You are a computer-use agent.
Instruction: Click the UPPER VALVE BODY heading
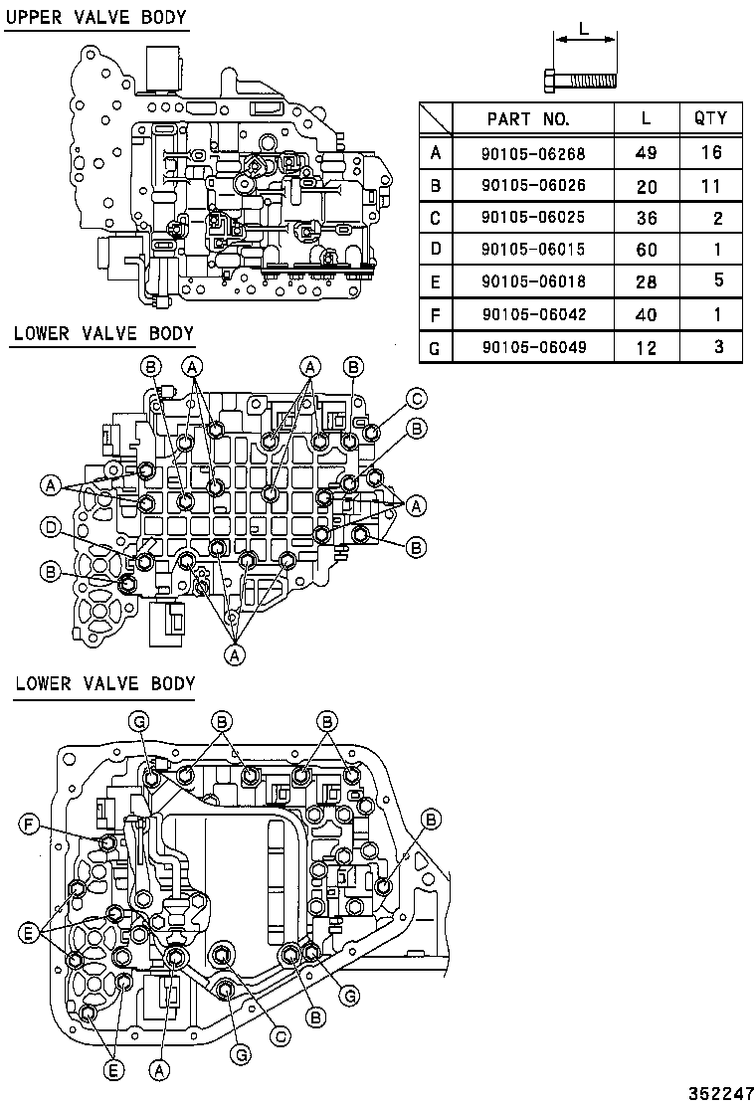tap(96, 18)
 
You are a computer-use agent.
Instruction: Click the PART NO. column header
tap(528, 119)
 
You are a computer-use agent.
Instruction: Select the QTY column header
tap(710, 119)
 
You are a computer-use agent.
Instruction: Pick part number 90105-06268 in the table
tap(533, 153)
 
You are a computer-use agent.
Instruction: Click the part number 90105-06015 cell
tap(533, 251)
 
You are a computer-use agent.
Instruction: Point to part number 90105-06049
tap(533, 347)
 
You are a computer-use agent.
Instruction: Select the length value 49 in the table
tap(646, 153)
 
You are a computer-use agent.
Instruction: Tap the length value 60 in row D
tap(646, 251)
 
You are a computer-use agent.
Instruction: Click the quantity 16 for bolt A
tap(710, 153)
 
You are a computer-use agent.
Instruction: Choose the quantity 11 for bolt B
tap(710, 186)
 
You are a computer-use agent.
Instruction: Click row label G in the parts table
tap(435, 347)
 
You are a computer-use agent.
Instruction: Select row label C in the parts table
tap(435, 218)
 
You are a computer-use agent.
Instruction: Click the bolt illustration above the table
tap(581, 78)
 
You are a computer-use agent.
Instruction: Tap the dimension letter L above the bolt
tap(584, 29)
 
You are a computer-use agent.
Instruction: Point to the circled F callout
tap(30, 824)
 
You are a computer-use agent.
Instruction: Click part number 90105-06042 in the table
tap(533, 315)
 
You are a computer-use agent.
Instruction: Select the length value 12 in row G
tap(646, 347)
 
